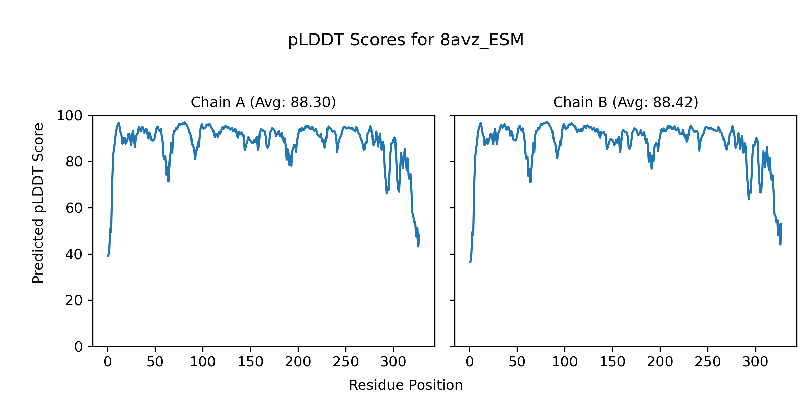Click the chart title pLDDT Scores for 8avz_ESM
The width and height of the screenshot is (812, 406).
406,40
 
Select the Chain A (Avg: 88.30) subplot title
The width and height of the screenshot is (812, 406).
263,102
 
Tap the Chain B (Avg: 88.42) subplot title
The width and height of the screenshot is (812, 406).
626,102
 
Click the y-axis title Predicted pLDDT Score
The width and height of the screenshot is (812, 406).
38,203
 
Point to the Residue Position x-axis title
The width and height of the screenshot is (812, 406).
406,385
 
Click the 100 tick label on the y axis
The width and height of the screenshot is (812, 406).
69,116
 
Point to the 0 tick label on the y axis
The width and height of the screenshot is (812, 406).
78,347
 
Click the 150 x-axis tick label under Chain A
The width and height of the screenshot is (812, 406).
250,362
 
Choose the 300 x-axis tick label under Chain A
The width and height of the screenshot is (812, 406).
393,362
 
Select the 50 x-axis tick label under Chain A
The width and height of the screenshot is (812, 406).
155,362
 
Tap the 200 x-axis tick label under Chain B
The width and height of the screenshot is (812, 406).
660,362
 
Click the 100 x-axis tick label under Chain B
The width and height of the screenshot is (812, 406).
565,362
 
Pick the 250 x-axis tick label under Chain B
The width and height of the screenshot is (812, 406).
707,362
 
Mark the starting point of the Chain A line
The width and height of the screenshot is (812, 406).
108,257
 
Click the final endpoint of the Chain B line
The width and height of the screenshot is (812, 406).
781,223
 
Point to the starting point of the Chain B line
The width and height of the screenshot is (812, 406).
470,263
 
